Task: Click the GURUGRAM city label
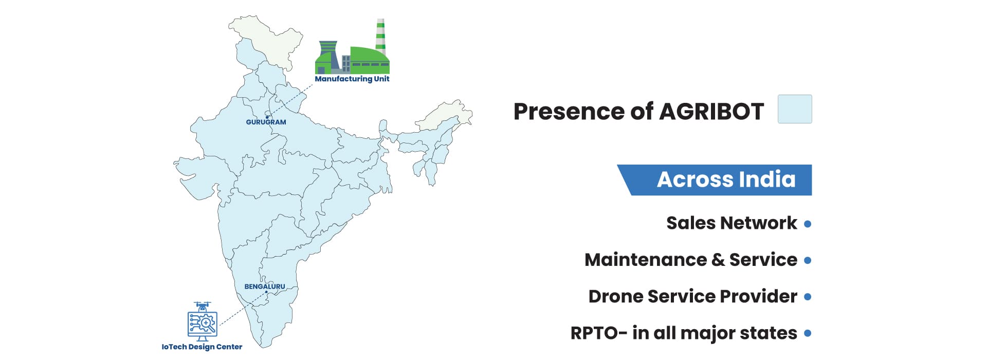coord(266,122)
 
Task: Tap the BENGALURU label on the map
coord(264,286)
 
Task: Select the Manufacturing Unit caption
coord(352,79)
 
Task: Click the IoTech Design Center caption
coord(202,347)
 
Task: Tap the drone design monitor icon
coord(202,321)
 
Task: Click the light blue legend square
coord(795,109)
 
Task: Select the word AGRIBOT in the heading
coord(711,111)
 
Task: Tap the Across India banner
coord(715,180)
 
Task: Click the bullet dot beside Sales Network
coord(808,224)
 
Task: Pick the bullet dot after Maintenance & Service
coord(808,260)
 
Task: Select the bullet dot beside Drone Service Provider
coord(808,297)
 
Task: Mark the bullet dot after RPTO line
coord(808,333)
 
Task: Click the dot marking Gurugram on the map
coord(267,117)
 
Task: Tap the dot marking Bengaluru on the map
coord(266,292)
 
